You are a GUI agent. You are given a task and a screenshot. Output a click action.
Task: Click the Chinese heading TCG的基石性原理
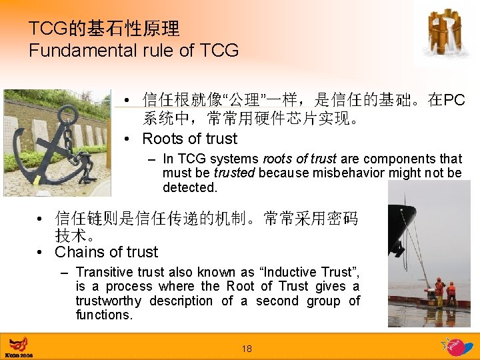point(104,29)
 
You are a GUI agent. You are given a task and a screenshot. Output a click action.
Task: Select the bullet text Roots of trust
point(190,139)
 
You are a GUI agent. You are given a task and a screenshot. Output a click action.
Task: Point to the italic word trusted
point(233,173)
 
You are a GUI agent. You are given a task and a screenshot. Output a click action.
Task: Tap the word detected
point(190,187)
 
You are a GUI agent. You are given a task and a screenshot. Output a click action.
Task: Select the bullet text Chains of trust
point(107,252)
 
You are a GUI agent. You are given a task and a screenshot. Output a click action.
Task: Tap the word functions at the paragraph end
point(104,315)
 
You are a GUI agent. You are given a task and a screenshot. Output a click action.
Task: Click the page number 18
point(247,348)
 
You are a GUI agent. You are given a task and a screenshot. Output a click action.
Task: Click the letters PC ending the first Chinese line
point(454,101)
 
